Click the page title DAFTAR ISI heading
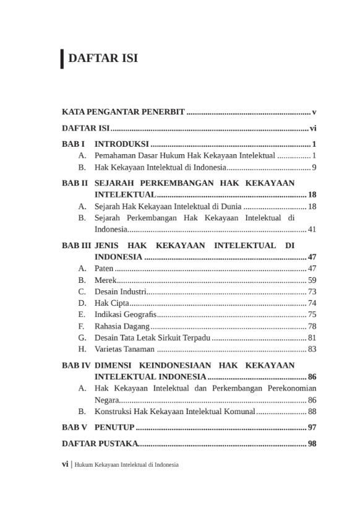[x=103, y=59]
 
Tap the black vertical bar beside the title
[x=62, y=59]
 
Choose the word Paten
[x=103, y=269]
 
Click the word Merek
[x=105, y=280]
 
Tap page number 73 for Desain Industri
[x=312, y=292]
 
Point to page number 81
[x=312, y=337]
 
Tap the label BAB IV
[x=76, y=366]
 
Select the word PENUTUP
[x=114, y=427]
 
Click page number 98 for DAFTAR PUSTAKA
[x=312, y=444]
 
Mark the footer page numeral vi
[x=65, y=464]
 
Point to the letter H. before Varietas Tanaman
[x=82, y=349]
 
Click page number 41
[x=312, y=229]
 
